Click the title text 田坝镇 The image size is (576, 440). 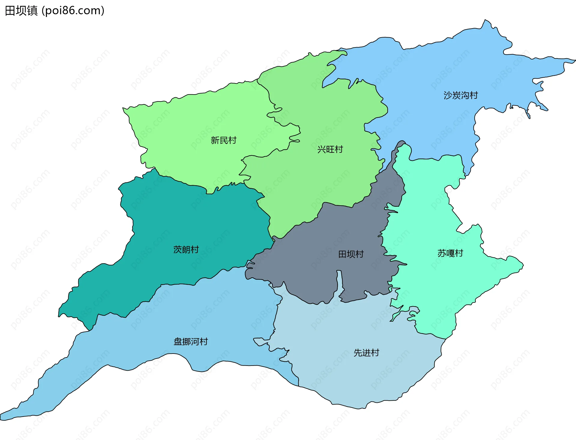click(21, 11)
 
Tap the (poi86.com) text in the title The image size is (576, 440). click(73, 11)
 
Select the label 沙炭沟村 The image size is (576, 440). click(460, 95)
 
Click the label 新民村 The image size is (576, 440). click(223, 140)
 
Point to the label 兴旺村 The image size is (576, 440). click(330, 149)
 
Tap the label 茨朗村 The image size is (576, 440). click(186, 249)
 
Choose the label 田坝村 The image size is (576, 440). click(351, 254)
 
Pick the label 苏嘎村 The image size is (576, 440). click(450, 253)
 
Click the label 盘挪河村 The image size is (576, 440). click(190, 342)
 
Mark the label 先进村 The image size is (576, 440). click(366, 353)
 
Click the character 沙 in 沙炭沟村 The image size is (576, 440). click(448, 95)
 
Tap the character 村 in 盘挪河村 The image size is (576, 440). click(204, 342)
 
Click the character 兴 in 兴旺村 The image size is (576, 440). click(322, 149)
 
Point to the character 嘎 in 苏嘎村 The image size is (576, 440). click(450, 253)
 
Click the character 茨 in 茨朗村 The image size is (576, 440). click(178, 249)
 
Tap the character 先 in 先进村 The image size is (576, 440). click(358, 353)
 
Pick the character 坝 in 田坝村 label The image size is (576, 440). click(351, 254)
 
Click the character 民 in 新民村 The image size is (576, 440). click(223, 140)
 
